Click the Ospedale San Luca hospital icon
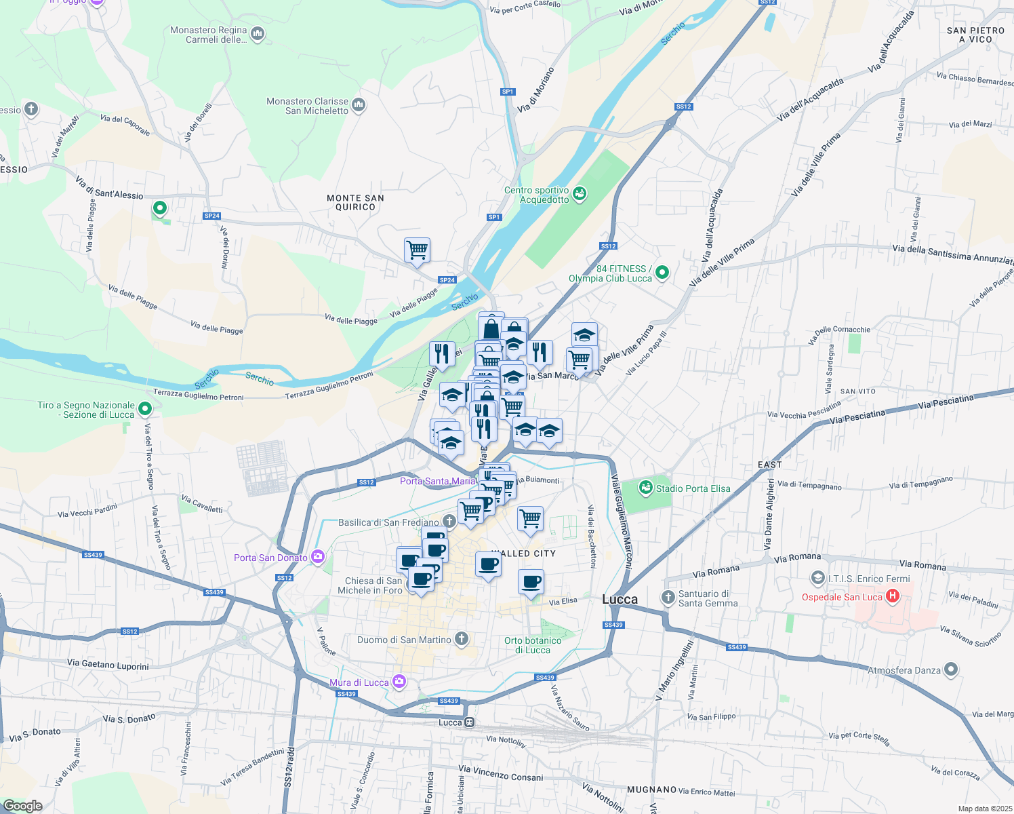click(x=893, y=597)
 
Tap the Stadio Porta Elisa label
click(x=693, y=488)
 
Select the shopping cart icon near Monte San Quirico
click(x=417, y=250)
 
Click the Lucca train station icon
click(x=468, y=722)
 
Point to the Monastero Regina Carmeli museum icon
click(x=257, y=33)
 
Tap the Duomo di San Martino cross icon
click(x=462, y=639)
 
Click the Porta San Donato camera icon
click(x=317, y=558)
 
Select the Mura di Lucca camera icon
click(x=399, y=682)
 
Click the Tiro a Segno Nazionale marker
click(x=144, y=409)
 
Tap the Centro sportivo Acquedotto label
click(x=537, y=195)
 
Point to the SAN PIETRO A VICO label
click(x=975, y=35)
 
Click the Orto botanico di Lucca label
click(x=533, y=645)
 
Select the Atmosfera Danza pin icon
click(x=951, y=670)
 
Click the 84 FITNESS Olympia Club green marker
click(x=662, y=273)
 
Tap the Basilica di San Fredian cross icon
click(x=449, y=521)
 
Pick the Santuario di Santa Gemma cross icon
click(x=668, y=597)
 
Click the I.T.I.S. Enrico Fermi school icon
click(x=817, y=579)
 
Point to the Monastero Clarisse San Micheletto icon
click(x=359, y=104)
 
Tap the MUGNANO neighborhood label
click(x=651, y=790)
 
